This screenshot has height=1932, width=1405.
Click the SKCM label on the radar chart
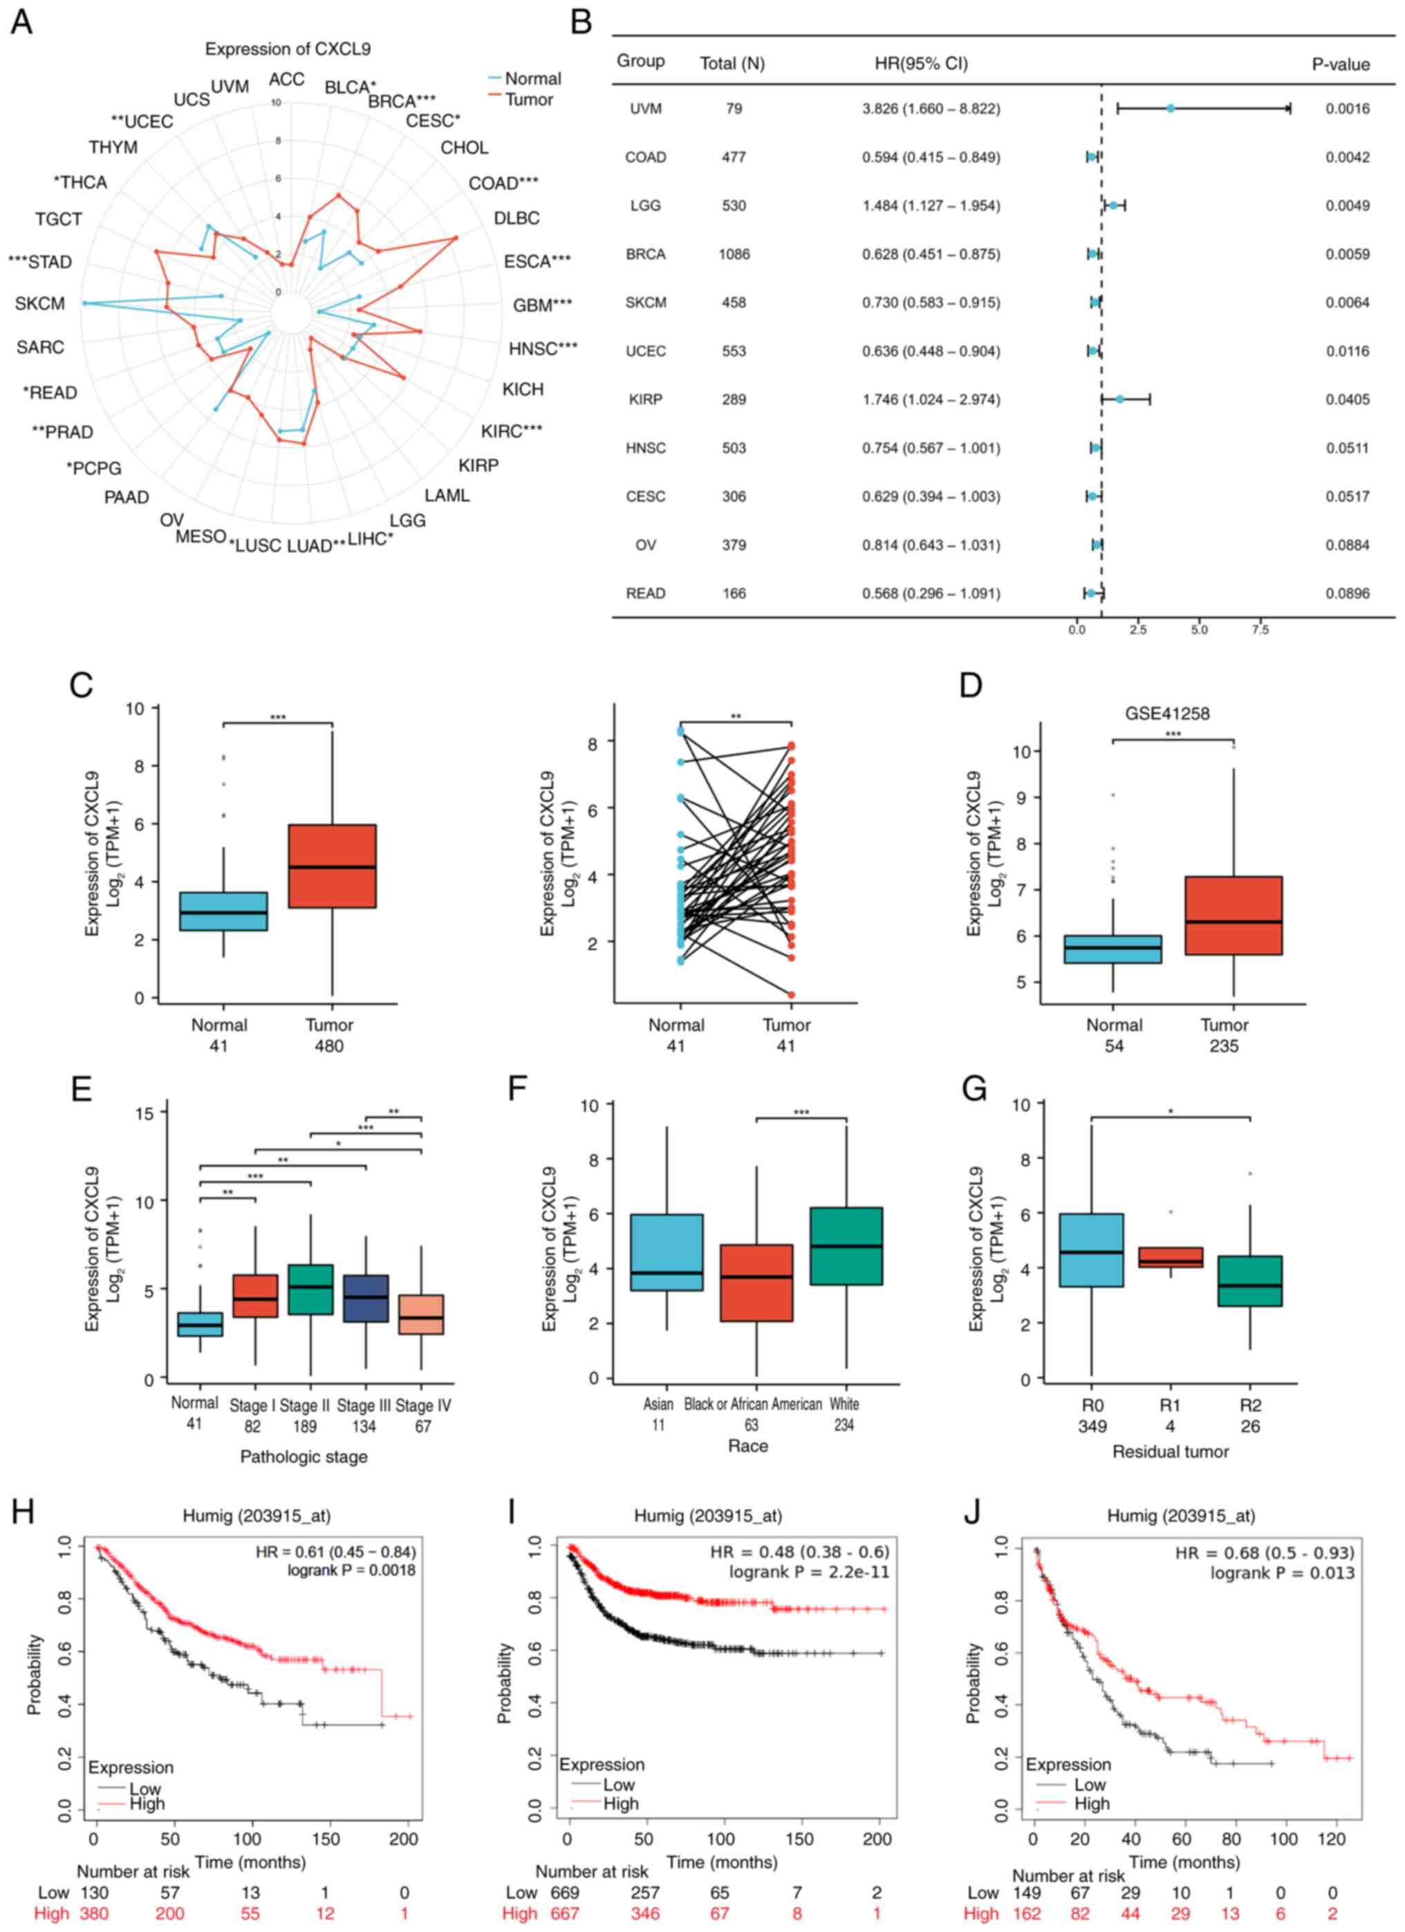(x=40, y=304)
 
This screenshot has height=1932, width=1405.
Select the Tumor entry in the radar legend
(x=528, y=100)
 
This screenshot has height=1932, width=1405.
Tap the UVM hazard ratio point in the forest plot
(x=1171, y=108)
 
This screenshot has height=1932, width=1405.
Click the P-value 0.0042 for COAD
(x=1347, y=157)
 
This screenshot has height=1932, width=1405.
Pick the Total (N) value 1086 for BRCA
(x=734, y=254)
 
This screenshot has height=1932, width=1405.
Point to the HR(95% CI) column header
(x=921, y=64)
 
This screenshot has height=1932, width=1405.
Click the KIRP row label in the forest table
(x=645, y=400)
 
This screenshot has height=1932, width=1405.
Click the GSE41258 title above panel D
(x=1167, y=713)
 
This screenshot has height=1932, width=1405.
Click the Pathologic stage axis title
(x=304, y=1457)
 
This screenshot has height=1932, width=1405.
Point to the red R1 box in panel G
(x=1171, y=1258)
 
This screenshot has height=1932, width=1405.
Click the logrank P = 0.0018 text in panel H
(x=351, y=1569)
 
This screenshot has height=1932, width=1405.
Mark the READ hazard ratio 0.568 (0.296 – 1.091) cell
(x=931, y=594)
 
